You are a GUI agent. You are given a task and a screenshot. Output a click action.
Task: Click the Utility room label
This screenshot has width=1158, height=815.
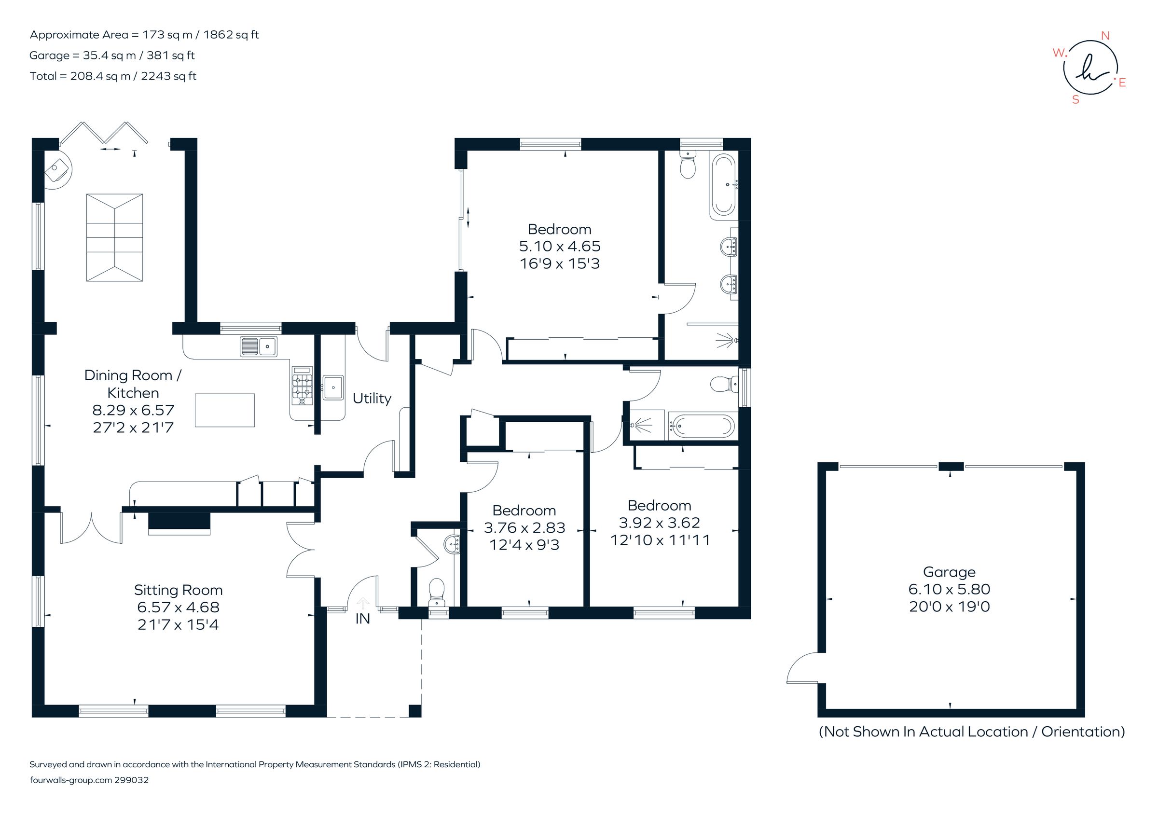372,399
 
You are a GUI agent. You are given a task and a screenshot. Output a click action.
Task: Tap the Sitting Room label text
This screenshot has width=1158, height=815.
178,590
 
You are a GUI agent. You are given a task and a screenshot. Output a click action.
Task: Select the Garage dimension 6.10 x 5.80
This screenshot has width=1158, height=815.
949,589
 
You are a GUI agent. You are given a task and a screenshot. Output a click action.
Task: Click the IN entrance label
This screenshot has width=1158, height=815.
363,619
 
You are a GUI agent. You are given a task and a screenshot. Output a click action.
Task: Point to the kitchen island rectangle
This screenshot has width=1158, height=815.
224,411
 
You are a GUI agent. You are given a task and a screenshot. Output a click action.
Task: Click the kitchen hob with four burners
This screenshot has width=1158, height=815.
302,386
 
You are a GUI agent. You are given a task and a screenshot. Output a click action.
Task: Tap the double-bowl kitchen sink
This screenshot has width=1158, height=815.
259,346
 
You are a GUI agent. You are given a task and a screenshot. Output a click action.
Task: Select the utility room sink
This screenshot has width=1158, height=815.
333,387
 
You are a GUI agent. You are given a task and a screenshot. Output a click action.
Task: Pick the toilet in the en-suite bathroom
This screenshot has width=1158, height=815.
688,165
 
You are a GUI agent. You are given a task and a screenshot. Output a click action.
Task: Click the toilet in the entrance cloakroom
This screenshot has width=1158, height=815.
436,592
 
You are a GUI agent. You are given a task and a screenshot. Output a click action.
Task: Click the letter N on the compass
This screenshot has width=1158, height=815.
1105,36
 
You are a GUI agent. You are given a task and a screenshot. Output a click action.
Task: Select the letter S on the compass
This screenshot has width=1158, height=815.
1075,100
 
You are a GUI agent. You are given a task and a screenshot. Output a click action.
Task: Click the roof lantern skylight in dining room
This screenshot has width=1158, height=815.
114,237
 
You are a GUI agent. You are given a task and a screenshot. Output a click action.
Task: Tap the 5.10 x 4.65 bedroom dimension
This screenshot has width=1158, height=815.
559,247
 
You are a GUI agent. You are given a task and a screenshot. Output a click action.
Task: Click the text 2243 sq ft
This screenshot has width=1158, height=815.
168,76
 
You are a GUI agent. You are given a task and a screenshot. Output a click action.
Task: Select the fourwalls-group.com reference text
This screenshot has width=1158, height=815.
89,780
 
